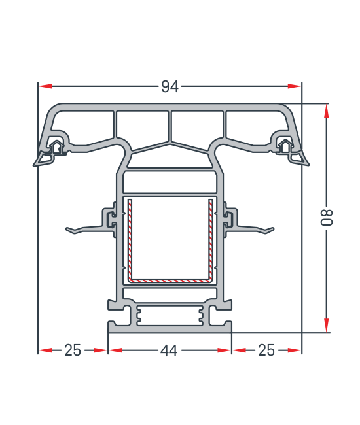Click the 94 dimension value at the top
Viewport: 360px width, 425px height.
click(170, 87)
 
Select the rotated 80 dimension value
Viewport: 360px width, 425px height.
click(327, 217)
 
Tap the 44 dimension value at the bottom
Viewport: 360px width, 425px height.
click(169, 350)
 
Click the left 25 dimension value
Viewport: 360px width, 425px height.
click(73, 350)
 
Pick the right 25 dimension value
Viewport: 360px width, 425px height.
click(266, 350)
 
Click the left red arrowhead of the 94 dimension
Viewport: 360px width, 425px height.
click(45, 86)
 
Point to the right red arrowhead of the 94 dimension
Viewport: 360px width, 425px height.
click(295, 86)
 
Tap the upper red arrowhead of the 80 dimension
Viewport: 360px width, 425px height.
click(327, 111)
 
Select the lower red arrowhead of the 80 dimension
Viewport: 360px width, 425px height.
click(327, 325)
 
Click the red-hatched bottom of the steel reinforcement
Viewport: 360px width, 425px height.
click(170, 280)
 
